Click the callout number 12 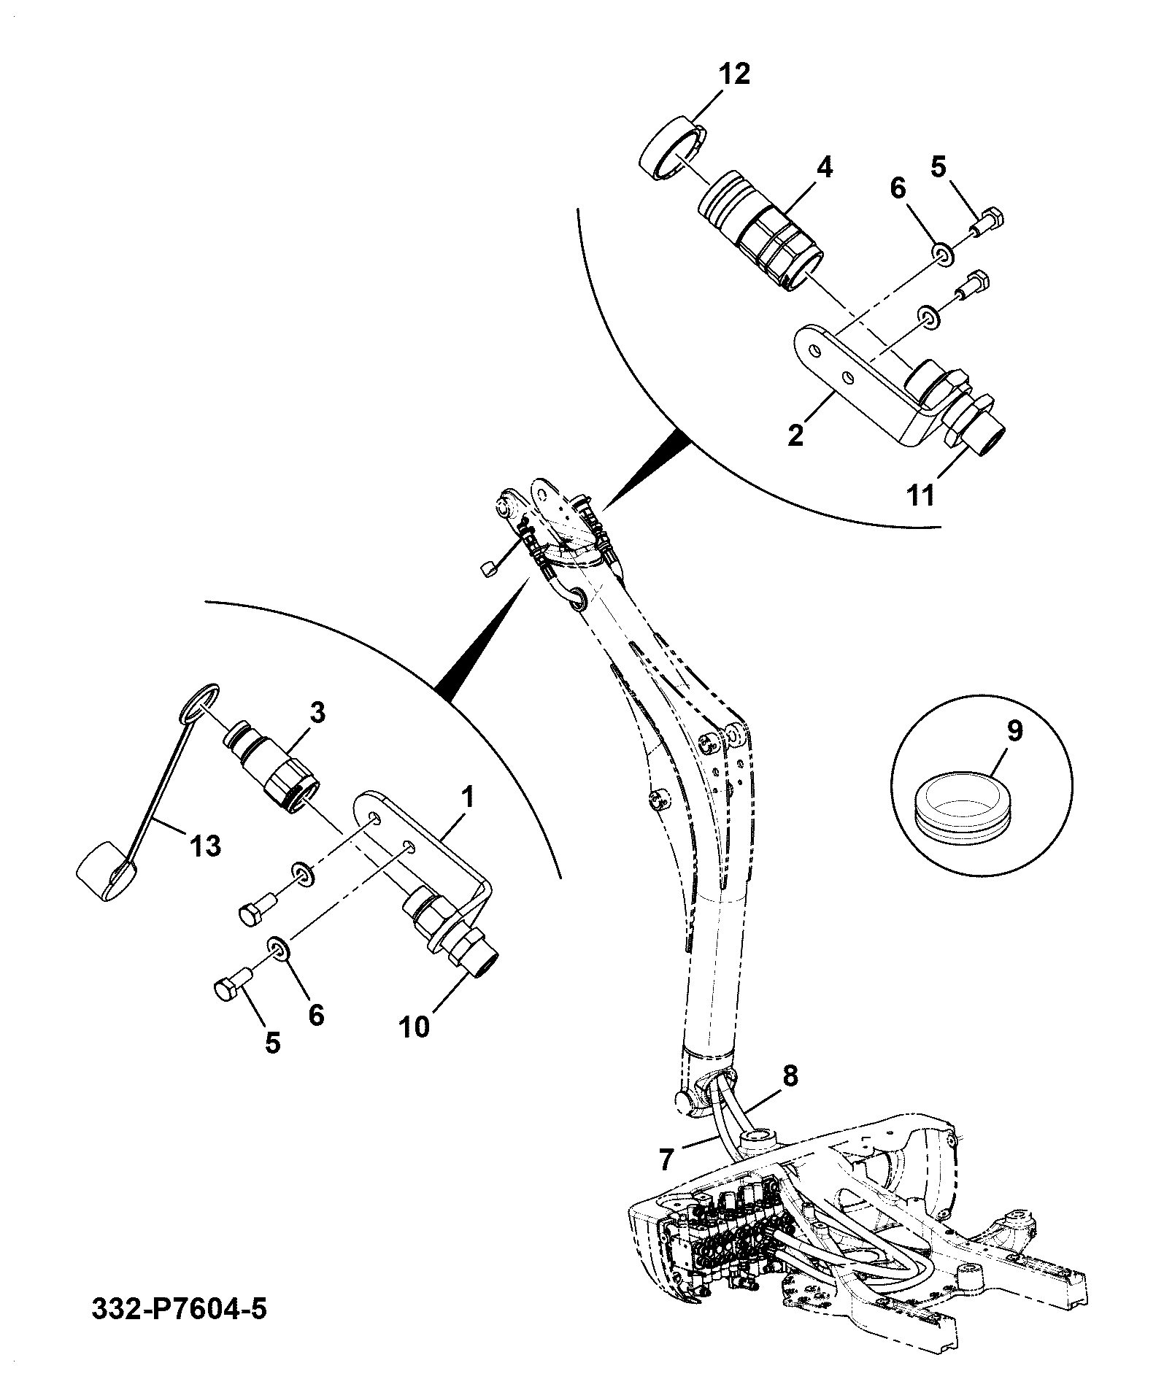734,74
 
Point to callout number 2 795,435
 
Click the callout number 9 1016,731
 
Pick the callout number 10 415,1026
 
